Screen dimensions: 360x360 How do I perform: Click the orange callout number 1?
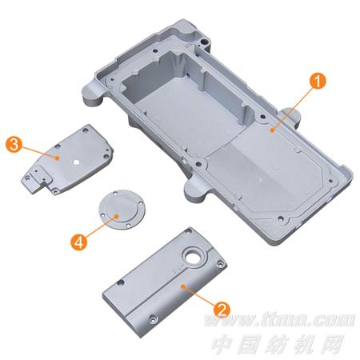click(318, 81)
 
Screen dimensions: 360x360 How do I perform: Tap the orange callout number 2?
click(222, 310)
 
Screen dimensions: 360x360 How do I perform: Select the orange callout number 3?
click(14, 145)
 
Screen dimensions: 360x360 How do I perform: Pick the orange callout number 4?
click(79, 242)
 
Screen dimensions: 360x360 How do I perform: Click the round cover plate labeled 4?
click(122, 209)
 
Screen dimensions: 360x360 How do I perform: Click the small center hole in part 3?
click(76, 162)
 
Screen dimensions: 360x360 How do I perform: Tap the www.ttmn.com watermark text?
click(280, 320)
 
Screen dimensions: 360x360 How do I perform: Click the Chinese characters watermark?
click(278, 344)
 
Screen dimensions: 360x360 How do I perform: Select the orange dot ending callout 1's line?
click(272, 130)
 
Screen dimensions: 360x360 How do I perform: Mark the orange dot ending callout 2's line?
click(183, 286)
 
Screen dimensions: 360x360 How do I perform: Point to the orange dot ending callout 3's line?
click(57, 158)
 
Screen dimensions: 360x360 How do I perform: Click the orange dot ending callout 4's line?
click(117, 216)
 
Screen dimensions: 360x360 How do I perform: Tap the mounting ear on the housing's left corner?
click(93, 94)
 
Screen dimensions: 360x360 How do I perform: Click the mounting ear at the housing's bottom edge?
click(195, 190)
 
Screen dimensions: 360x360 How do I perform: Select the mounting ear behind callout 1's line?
click(291, 117)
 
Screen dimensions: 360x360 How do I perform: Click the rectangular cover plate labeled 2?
click(165, 282)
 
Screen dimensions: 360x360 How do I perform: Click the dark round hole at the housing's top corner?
click(205, 42)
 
